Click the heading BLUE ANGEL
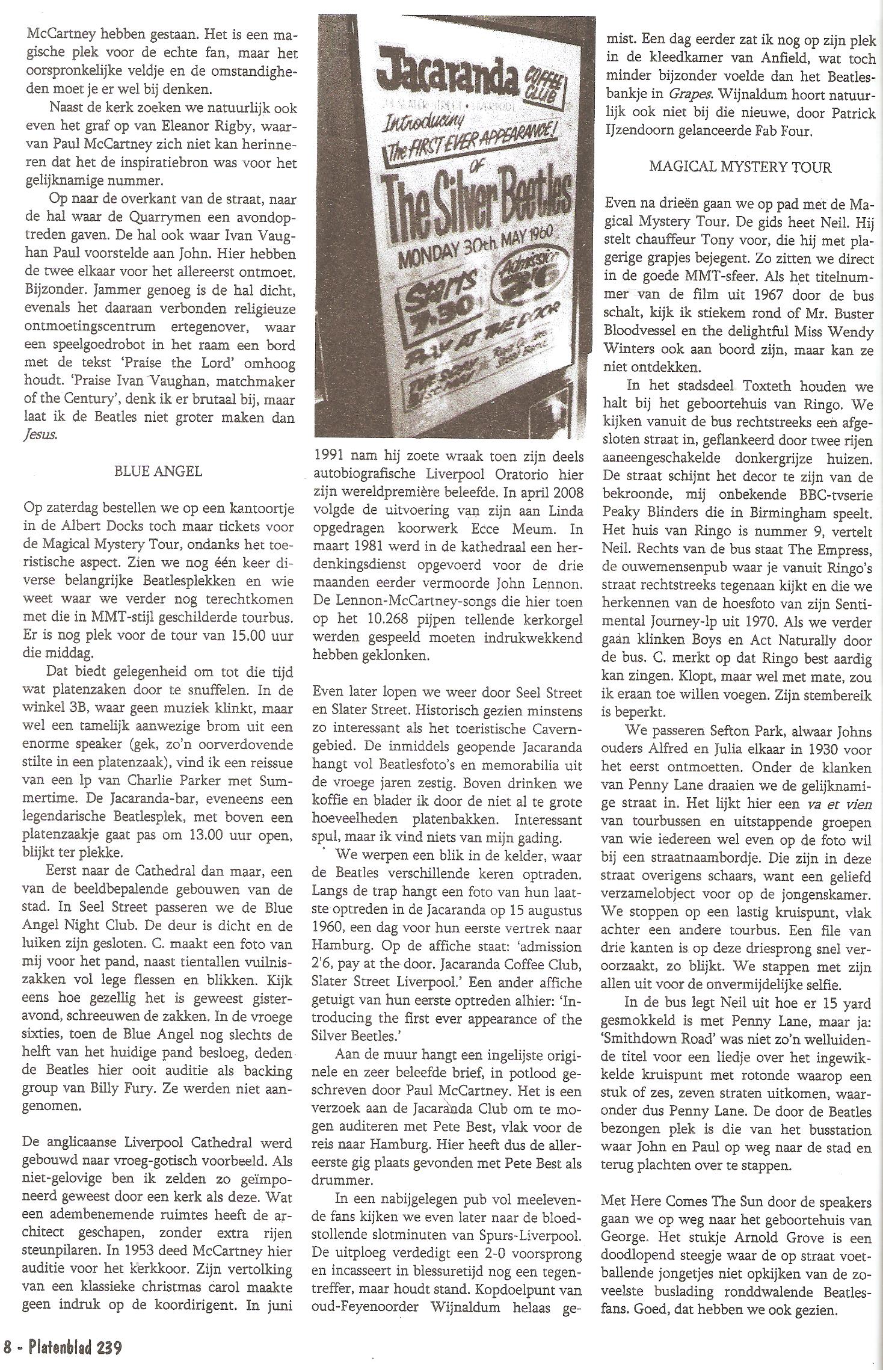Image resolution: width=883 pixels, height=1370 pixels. pyautogui.click(x=158, y=471)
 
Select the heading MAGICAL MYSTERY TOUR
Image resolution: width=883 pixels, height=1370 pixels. pyautogui.click(x=740, y=167)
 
